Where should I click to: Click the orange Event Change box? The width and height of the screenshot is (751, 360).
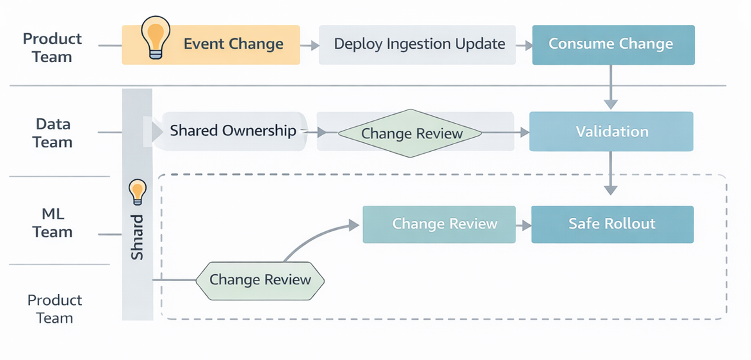click(x=211, y=45)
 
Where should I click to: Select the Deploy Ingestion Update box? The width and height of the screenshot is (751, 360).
click(x=417, y=45)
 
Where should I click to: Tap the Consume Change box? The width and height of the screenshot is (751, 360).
click(x=613, y=45)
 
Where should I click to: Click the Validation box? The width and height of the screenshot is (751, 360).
click(x=611, y=132)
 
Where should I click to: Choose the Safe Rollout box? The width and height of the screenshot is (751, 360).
click(x=612, y=224)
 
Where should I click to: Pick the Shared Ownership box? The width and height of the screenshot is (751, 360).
click(x=233, y=131)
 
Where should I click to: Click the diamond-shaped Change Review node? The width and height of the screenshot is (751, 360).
click(x=410, y=133)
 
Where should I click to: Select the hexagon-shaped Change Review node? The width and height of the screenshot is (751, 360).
click(x=259, y=280)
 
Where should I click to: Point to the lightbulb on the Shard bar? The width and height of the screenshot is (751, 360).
click(x=138, y=191)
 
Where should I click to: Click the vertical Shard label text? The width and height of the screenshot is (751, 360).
click(x=138, y=237)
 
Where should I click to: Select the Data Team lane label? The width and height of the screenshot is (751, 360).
click(x=52, y=133)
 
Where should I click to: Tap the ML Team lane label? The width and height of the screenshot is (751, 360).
click(x=52, y=223)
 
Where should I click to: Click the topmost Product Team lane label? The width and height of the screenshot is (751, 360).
click(x=52, y=48)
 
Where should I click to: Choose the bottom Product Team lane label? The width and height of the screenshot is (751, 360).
click(x=54, y=309)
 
